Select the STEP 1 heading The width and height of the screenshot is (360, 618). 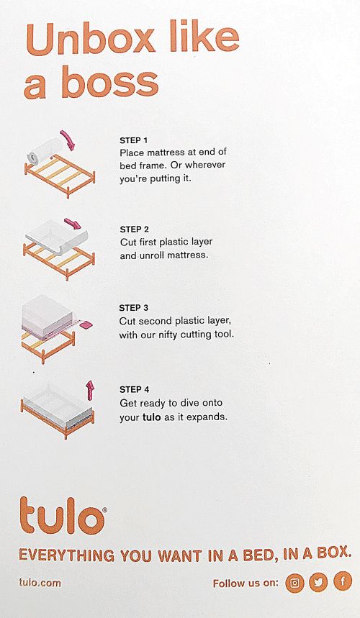tap(134, 141)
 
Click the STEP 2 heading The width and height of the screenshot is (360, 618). tap(134, 230)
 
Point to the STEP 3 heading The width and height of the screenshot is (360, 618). tap(134, 308)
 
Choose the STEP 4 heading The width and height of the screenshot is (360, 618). tap(134, 389)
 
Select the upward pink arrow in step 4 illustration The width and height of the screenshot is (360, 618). tap(90, 390)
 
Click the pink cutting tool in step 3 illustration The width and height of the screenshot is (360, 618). tap(86, 325)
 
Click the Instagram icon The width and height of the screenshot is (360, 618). tap(294, 583)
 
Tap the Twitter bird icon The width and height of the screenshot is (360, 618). tap(318, 583)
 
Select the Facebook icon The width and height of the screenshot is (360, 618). tap(341, 583)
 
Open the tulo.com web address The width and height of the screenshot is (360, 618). tap(40, 583)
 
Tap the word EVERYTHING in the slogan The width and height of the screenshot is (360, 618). tap(66, 555)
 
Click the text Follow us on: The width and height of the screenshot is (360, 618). tap(245, 583)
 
